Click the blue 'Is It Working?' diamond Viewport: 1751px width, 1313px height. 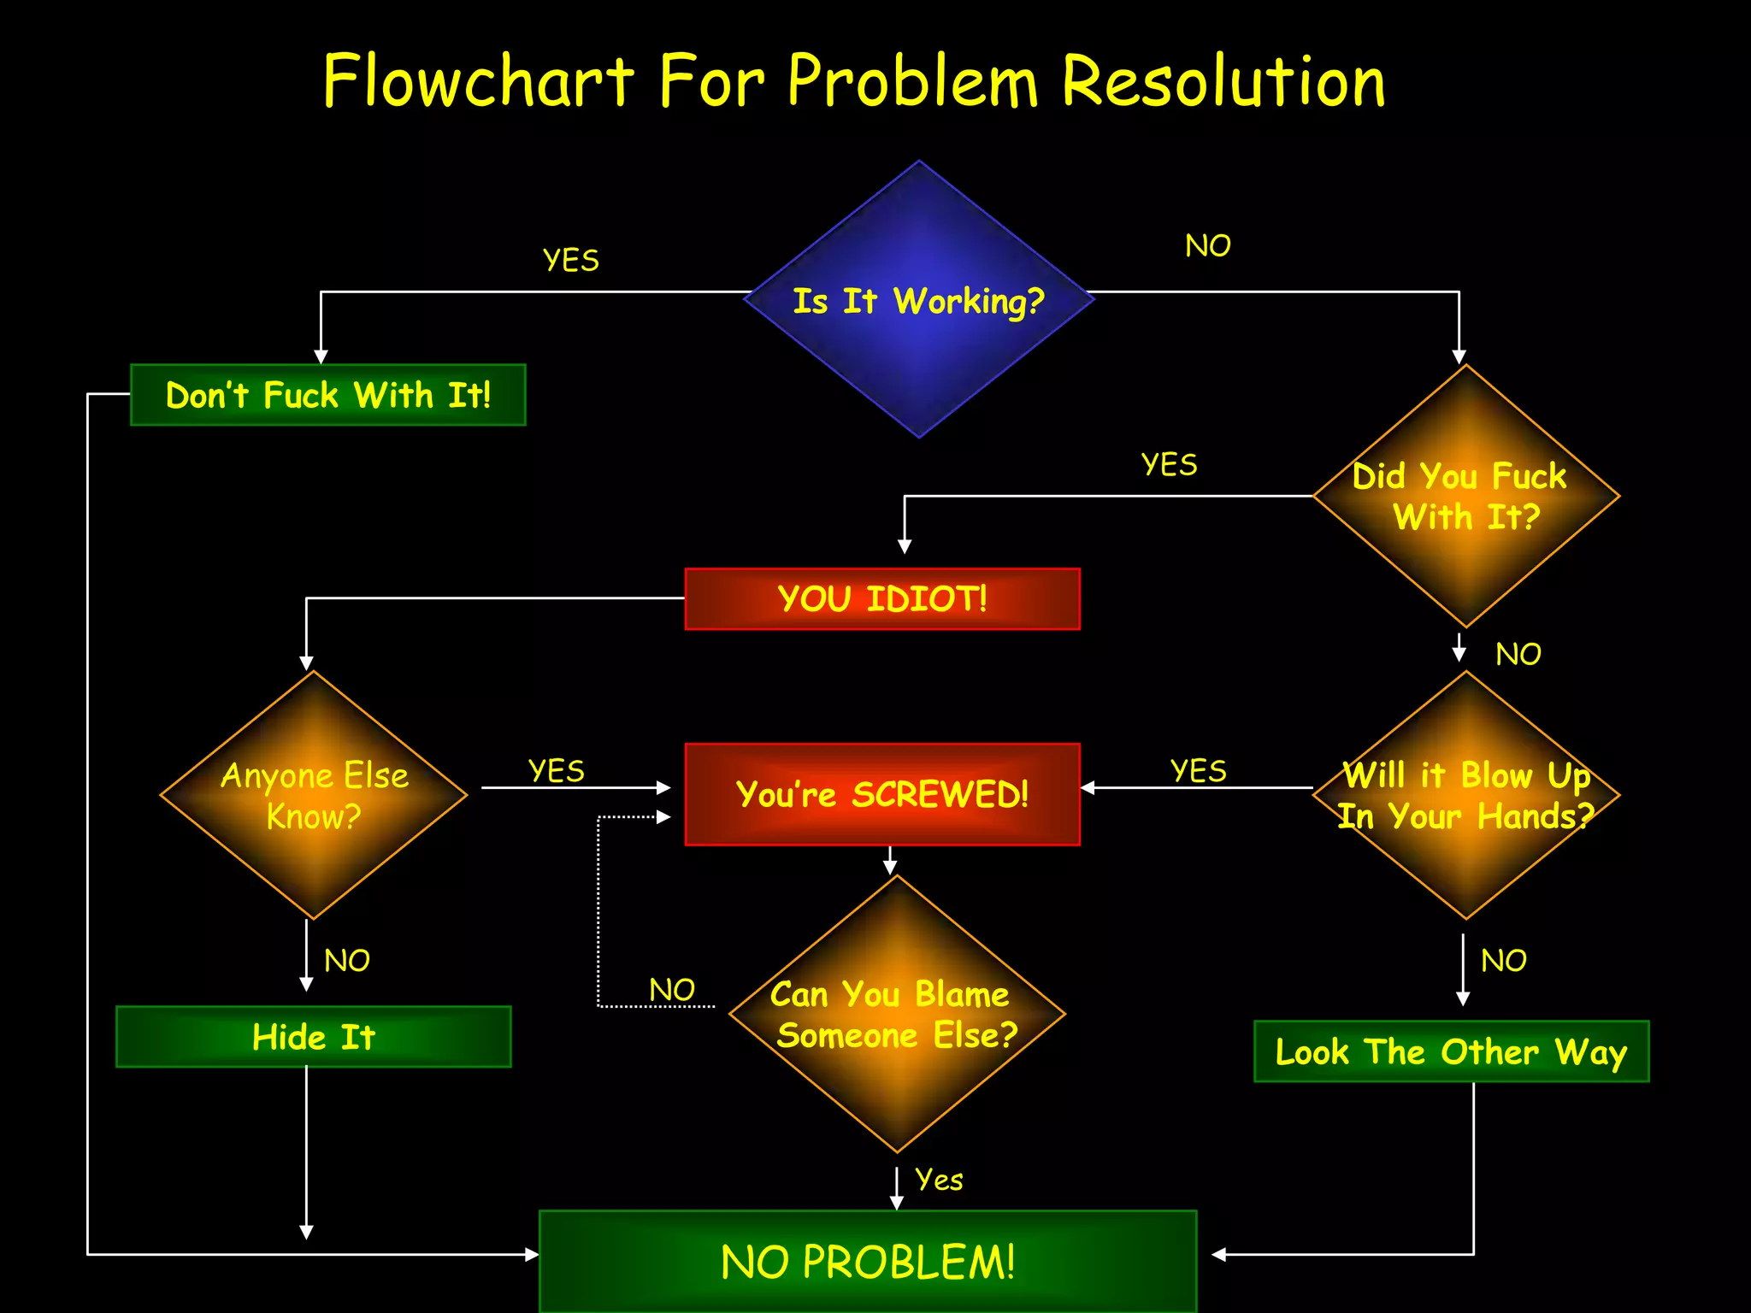click(919, 299)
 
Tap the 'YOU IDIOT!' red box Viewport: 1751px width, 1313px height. click(882, 598)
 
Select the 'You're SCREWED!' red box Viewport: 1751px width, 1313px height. click(882, 794)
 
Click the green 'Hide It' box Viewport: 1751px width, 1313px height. click(314, 1037)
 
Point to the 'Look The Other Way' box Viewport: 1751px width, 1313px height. click(1451, 1051)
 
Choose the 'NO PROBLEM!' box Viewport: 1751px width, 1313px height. click(868, 1261)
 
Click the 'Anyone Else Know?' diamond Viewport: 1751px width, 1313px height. click(314, 795)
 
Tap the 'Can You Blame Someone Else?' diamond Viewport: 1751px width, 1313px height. click(896, 1014)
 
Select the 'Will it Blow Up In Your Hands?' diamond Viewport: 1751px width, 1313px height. click(1465, 795)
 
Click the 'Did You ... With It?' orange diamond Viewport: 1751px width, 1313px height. click(1465, 496)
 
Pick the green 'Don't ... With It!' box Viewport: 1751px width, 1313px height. click(328, 395)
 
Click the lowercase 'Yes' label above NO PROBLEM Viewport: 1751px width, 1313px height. click(939, 1180)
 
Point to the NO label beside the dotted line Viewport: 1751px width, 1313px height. click(672, 990)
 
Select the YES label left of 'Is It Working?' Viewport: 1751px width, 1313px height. click(571, 260)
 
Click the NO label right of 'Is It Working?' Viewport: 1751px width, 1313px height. click(1207, 246)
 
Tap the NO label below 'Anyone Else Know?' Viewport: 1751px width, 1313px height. click(347, 961)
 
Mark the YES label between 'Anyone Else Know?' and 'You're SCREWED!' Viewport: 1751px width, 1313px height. click(557, 771)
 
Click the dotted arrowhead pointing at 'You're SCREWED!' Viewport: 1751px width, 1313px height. click(663, 817)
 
